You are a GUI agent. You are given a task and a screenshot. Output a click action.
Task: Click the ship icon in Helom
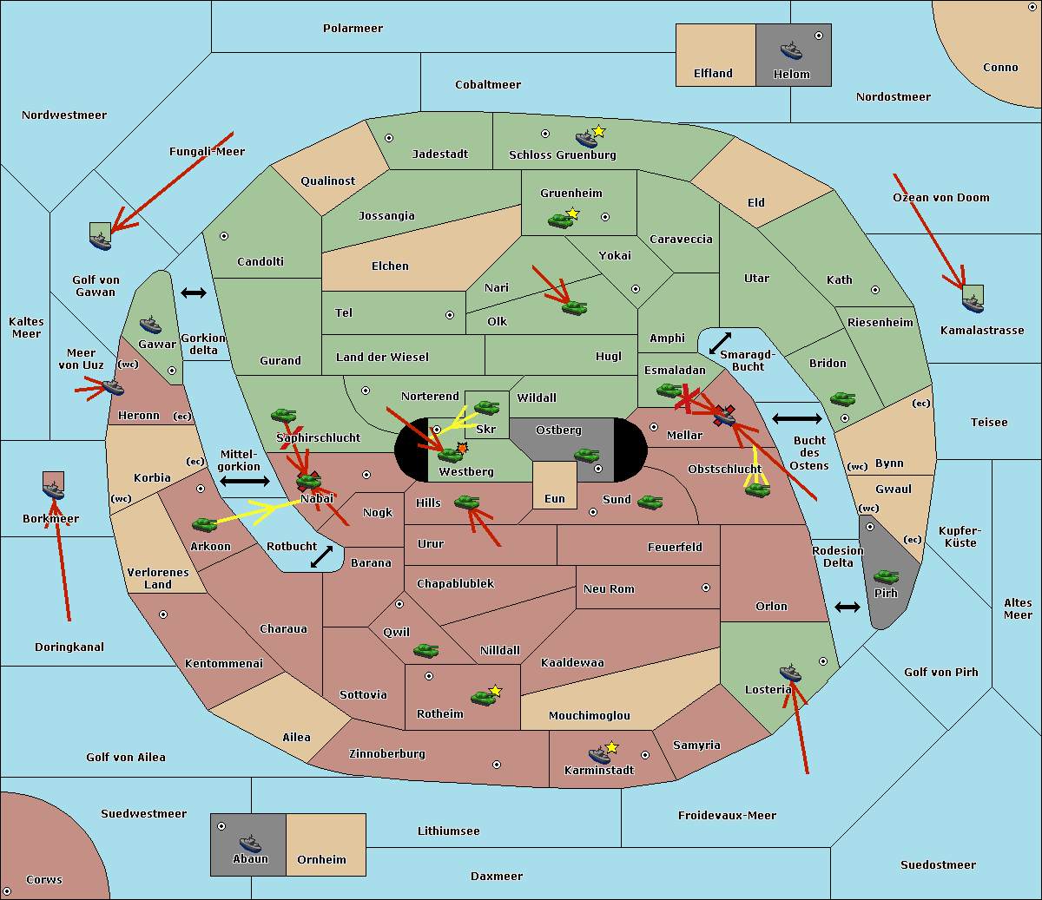[x=791, y=50]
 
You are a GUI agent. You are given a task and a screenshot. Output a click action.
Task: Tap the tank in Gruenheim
[x=560, y=220]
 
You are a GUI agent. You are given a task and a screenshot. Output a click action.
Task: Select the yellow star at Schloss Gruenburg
[x=598, y=132]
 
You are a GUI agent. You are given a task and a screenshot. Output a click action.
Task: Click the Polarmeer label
[x=353, y=29]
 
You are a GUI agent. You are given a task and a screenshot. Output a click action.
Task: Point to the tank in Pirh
[x=886, y=576]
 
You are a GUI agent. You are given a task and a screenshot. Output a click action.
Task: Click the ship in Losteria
[x=790, y=673]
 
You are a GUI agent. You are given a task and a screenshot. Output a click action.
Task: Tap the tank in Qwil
[x=425, y=650]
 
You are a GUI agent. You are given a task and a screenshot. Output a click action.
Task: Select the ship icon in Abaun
[x=250, y=843]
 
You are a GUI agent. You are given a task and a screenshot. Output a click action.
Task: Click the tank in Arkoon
[x=204, y=524]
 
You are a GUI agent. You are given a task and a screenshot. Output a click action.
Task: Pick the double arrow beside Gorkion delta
[x=194, y=292]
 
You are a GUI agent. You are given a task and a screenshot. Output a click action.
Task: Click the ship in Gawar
[x=150, y=325]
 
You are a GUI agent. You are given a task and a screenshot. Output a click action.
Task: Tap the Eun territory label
[x=555, y=498]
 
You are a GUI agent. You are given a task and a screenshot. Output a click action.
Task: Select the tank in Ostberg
[x=586, y=455]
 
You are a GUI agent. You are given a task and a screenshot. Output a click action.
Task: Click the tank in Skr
[x=486, y=407]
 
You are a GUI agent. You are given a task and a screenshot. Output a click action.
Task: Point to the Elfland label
[x=713, y=74]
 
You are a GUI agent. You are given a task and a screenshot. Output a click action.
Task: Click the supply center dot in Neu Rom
[x=706, y=588]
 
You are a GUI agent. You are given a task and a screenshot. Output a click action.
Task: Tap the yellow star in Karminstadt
[x=611, y=747]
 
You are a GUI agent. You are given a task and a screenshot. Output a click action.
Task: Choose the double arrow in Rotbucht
[x=321, y=557]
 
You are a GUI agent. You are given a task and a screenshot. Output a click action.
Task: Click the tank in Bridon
[x=842, y=399]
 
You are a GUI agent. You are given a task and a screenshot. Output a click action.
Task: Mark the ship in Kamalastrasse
[x=973, y=304]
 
